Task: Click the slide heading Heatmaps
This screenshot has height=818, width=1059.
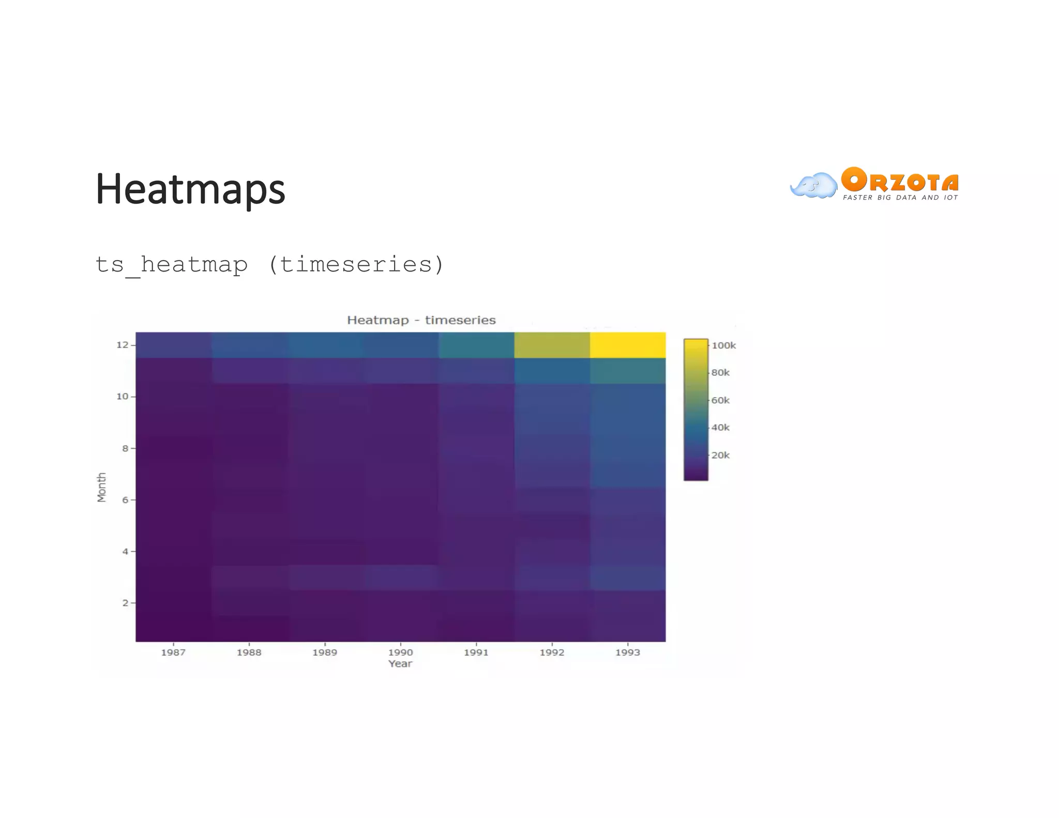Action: coord(190,189)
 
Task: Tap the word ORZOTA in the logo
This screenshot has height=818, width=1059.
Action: coord(900,180)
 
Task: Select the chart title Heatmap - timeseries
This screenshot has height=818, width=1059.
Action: coord(421,320)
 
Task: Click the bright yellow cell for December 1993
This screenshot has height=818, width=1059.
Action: coord(627,345)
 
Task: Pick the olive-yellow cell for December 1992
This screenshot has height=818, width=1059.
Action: coord(552,345)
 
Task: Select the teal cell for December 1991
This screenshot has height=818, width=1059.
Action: coord(476,345)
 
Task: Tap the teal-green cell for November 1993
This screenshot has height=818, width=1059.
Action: coord(627,371)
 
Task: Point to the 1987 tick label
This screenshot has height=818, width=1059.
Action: coord(173,652)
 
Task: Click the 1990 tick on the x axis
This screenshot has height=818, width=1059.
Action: coord(400,652)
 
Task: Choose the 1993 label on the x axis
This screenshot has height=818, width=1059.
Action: coord(627,652)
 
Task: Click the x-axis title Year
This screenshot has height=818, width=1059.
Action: coord(400,663)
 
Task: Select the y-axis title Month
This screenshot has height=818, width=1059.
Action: coord(101,487)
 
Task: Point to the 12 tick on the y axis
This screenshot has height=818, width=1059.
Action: coord(123,345)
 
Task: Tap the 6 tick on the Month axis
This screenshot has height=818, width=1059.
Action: coord(125,499)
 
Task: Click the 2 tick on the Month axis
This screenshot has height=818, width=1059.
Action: coord(125,603)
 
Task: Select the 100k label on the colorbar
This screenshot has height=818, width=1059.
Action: coord(723,345)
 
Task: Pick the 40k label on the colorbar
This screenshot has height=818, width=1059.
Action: coord(720,428)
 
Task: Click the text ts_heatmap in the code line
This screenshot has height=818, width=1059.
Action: coord(172,265)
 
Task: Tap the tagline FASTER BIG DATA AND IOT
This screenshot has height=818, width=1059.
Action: coord(900,198)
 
